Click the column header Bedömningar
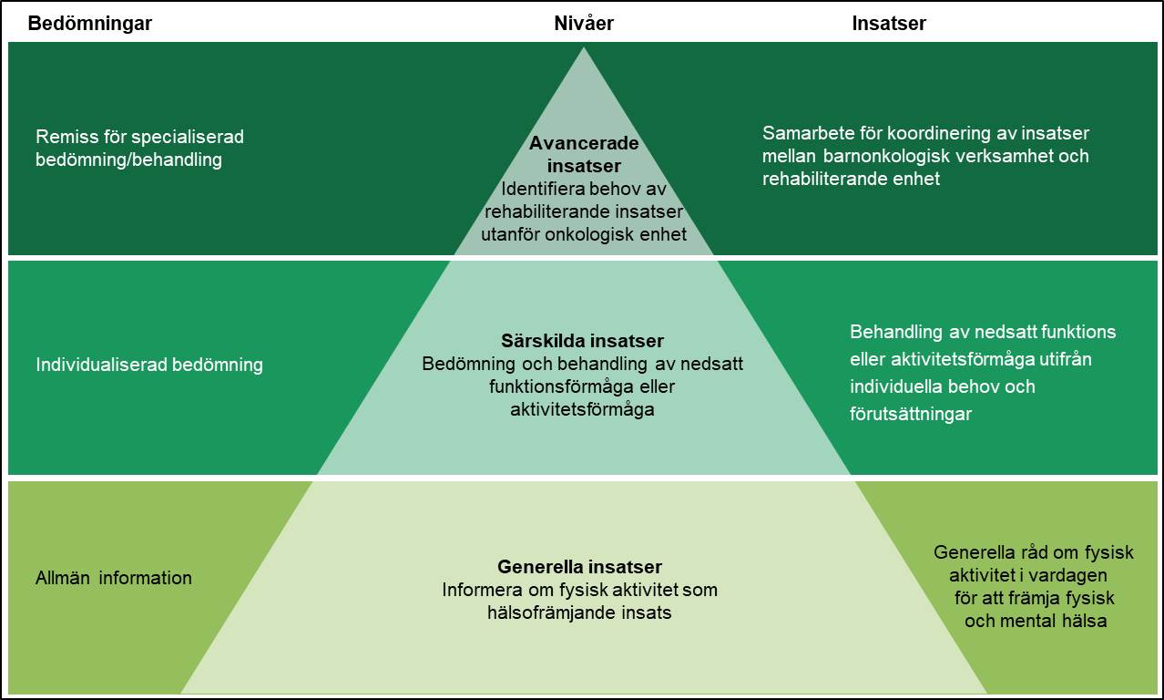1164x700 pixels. click(x=89, y=25)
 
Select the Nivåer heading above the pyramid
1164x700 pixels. click(x=584, y=25)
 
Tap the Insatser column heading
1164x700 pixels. click(x=889, y=25)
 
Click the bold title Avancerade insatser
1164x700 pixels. click(x=584, y=155)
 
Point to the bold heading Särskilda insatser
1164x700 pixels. click(x=582, y=342)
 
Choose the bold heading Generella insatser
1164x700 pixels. click(x=579, y=567)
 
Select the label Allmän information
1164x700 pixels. click(x=114, y=578)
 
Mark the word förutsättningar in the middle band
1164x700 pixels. click(x=911, y=414)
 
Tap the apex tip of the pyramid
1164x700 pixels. click(x=584, y=48)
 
